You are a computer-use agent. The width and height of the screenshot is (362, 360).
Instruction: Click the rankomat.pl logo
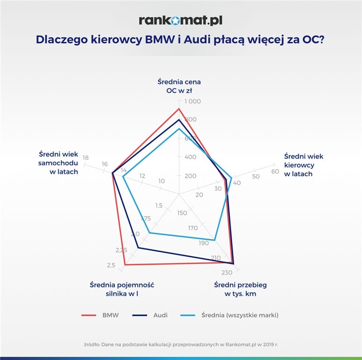coord(180,20)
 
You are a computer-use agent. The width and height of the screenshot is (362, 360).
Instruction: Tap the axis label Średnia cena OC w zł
coord(179,86)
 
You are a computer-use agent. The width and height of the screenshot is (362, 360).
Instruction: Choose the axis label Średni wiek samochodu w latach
coord(59,162)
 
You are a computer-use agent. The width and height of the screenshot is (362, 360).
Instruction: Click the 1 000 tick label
coord(192,101)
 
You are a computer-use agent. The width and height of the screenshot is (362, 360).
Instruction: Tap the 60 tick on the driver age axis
coord(275,172)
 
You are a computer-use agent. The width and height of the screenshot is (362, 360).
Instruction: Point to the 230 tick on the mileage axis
coord(227,272)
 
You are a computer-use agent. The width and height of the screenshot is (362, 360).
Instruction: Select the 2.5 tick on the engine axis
coord(111,266)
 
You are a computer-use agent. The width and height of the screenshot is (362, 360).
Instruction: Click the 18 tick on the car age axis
coord(85,157)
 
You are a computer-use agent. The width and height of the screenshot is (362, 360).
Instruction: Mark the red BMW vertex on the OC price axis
coord(179,109)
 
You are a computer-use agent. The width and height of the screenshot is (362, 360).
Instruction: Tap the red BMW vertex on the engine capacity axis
coord(125,265)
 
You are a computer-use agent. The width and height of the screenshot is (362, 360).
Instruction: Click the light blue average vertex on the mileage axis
coord(214,240)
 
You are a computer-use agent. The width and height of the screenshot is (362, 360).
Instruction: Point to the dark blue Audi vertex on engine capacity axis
coord(138,247)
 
